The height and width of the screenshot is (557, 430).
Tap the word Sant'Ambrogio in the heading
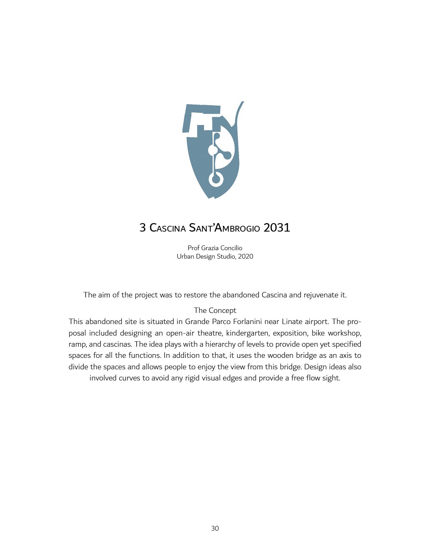pyautogui.click(x=224, y=228)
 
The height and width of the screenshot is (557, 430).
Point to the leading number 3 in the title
pyautogui.click(x=143, y=228)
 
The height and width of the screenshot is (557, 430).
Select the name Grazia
pyautogui.click(x=210, y=248)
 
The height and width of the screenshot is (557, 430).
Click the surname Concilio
pyautogui.click(x=231, y=248)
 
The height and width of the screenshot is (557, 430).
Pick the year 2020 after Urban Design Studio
pyautogui.click(x=246, y=256)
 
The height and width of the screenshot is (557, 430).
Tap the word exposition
pyautogui.click(x=290, y=333)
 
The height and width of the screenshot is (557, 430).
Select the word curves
pyautogui.click(x=129, y=378)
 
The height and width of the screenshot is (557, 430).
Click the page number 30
pyautogui.click(x=215, y=528)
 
